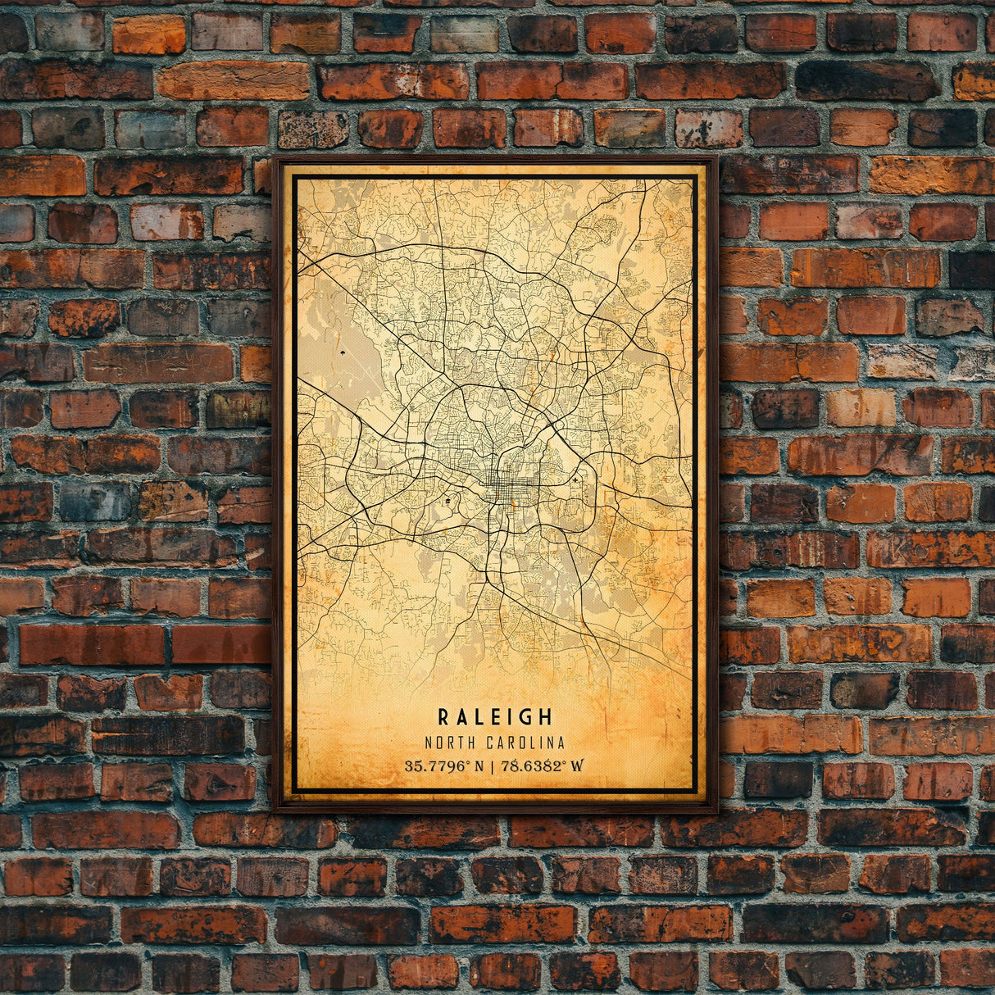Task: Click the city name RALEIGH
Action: (495, 717)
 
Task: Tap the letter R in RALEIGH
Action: (443, 717)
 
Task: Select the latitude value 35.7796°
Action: (434, 767)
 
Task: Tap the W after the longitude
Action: (577, 767)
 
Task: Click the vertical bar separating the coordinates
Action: (490, 767)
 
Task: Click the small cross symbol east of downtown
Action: (576, 479)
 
